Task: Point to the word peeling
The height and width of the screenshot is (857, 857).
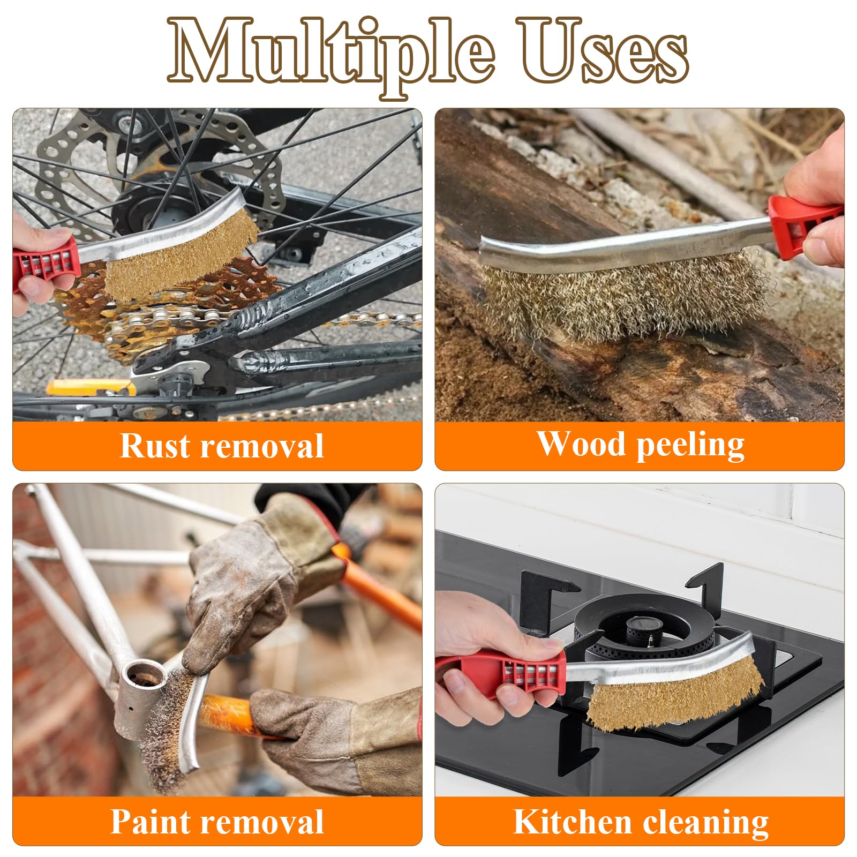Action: tap(690, 446)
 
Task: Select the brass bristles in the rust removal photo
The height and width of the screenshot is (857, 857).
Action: tap(179, 255)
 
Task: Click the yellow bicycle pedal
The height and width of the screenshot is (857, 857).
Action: tap(88, 387)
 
